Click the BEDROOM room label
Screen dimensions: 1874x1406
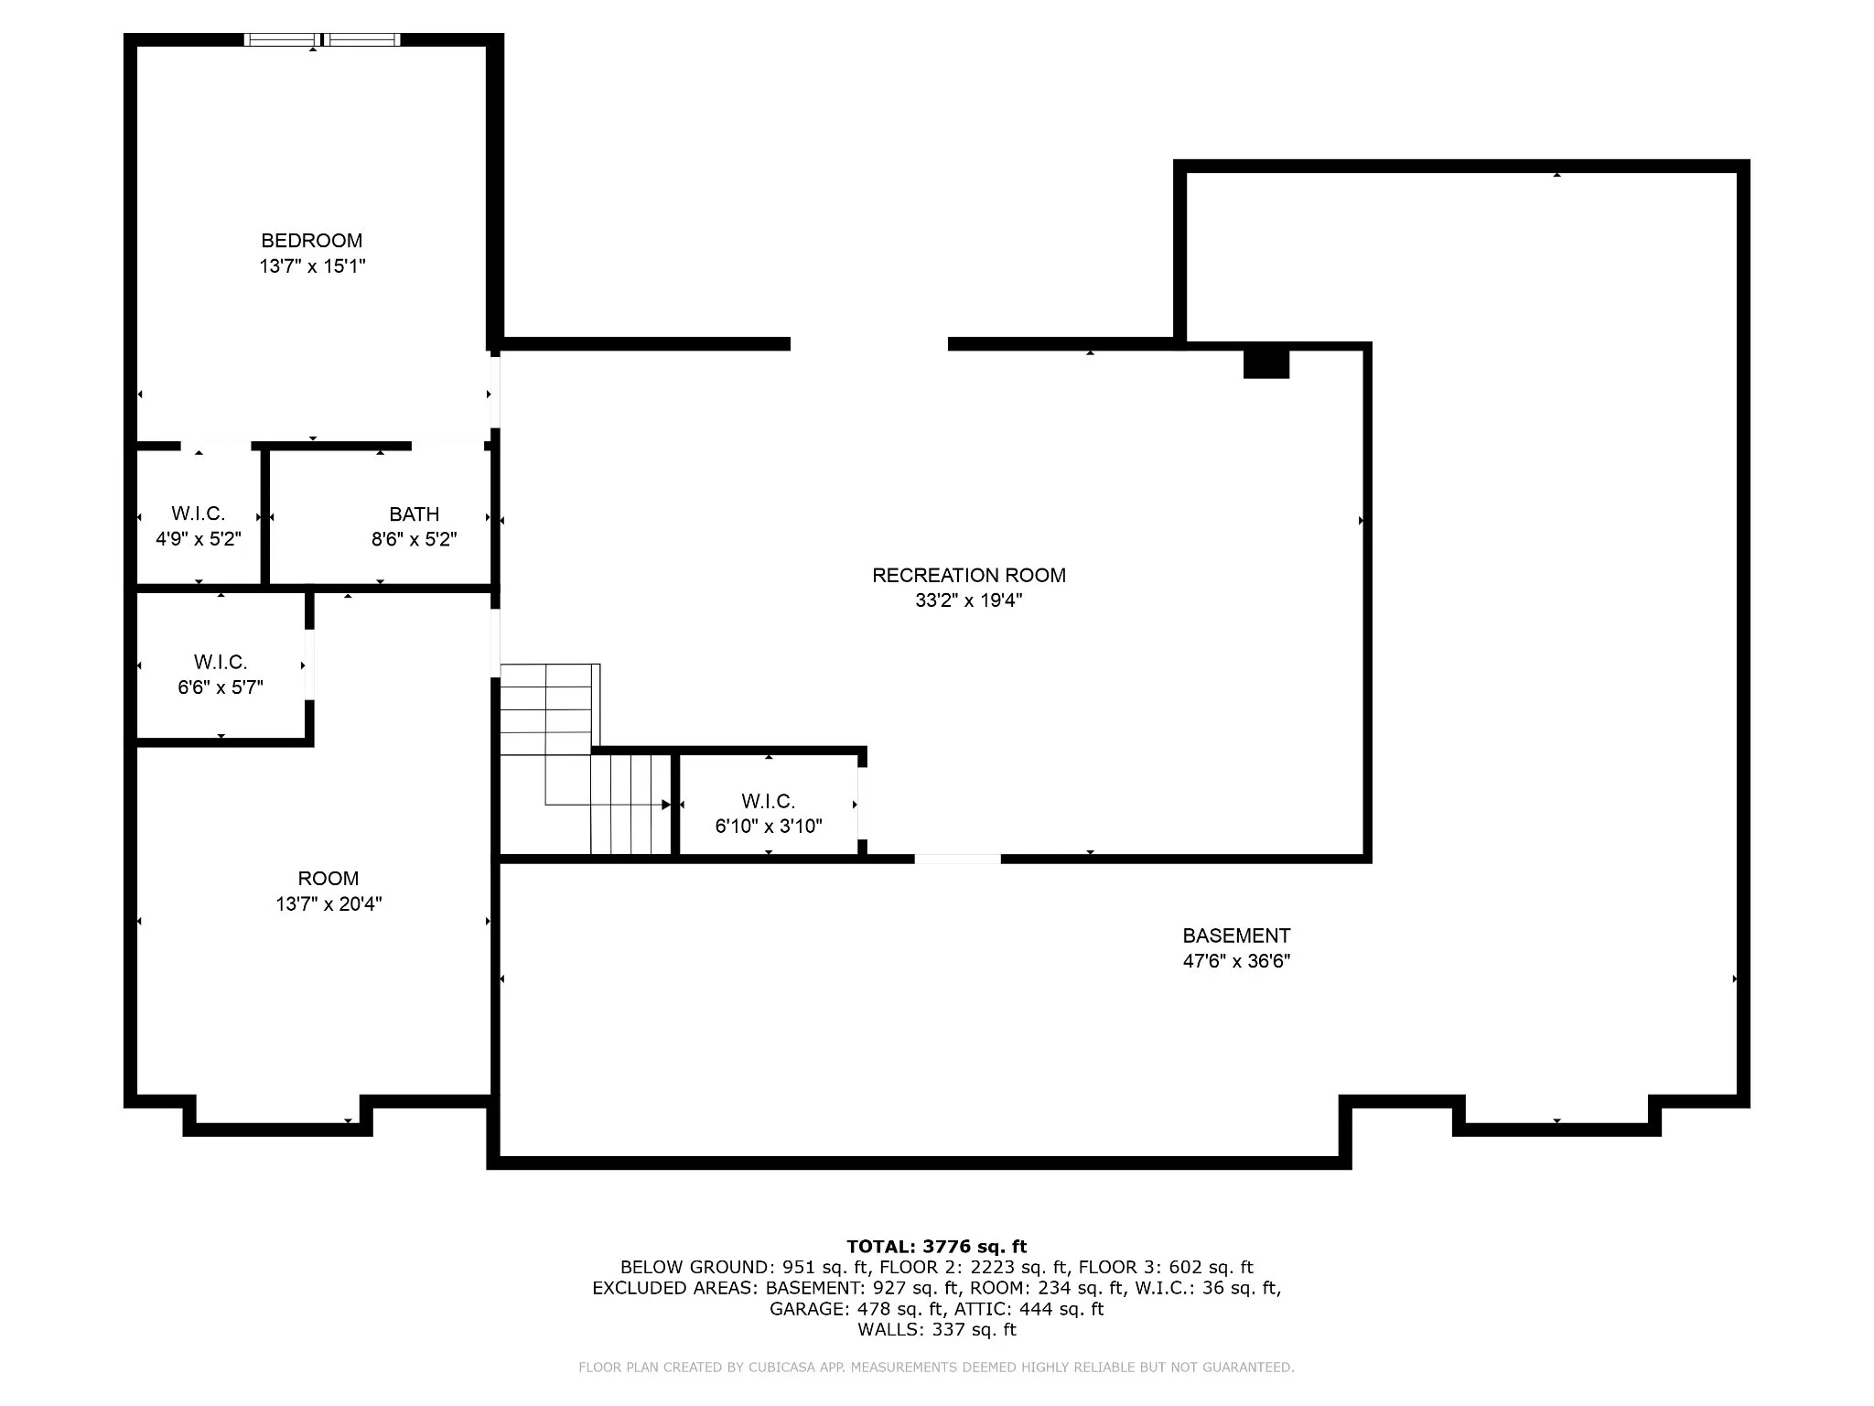(x=312, y=241)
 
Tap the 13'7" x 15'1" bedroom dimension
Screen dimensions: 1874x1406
(x=312, y=266)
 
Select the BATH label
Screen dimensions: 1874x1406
(x=415, y=514)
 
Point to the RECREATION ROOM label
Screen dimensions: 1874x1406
(x=969, y=576)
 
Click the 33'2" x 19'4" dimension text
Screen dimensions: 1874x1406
(x=969, y=600)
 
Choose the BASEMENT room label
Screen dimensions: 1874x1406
(x=1236, y=936)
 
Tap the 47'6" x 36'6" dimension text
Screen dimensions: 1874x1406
(x=1236, y=961)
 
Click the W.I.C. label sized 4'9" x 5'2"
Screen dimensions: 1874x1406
(x=199, y=514)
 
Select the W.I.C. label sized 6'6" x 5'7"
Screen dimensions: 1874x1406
(x=221, y=662)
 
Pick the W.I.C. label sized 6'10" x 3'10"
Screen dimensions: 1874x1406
(x=769, y=802)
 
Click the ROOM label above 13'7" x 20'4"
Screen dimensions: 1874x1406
(x=328, y=879)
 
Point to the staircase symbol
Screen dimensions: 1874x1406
(x=586, y=760)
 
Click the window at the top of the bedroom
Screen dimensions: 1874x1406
(x=322, y=39)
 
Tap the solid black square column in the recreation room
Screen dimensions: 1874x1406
(x=1266, y=363)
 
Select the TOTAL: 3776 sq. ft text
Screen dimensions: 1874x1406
(x=937, y=1247)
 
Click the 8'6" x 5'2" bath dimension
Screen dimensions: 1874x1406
(x=415, y=539)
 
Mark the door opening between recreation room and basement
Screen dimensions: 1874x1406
(x=958, y=859)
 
